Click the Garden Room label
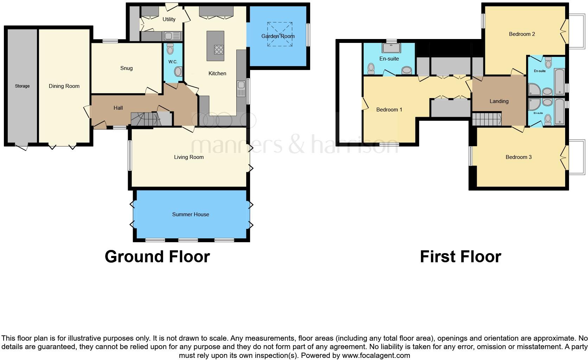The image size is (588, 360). click(x=278, y=36)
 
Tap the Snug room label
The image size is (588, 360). click(x=126, y=68)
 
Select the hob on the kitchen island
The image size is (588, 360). click(x=219, y=50)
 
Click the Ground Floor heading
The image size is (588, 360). click(x=157, y=257)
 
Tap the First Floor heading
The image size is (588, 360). click(x=460, y=257)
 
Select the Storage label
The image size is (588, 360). click(x=22, y=86)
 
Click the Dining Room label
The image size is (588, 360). click(x=64, y=86)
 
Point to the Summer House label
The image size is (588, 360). click(x=191, y=214)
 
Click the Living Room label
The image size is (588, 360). click(x=189, y=157)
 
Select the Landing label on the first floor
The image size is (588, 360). click(x=499, y=101)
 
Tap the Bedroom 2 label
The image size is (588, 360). click(x=522, y=34)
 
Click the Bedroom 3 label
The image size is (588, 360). click(x=518, y=157)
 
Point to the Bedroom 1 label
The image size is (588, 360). click(x=389, y=110)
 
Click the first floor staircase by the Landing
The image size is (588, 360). click(x=486, y=119)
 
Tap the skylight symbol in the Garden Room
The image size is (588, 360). click(x=280, y=34)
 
